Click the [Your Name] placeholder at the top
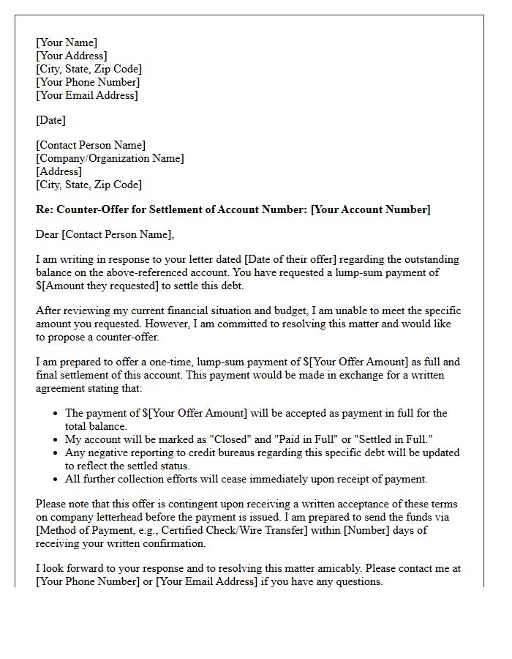coord(67,42)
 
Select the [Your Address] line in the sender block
coord(72,56)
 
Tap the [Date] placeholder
coord(51,120)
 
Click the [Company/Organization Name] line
coord(110,158)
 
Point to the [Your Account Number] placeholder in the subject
coord(371,209)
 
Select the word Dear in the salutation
coord(48,234)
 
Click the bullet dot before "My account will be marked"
coord(56,439)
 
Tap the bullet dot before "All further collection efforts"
coord(56,479)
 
